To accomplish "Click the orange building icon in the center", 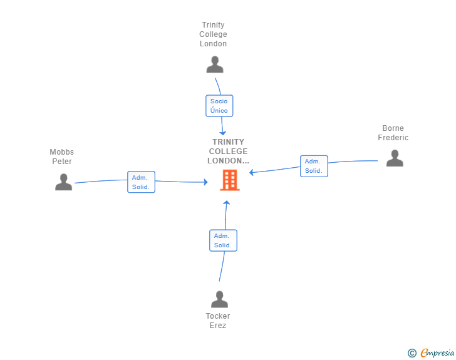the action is coord(230,180).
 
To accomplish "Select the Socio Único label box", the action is coord(219,106).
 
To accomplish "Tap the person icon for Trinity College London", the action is coord(215,64).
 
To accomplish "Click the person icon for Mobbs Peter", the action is coord(64,182).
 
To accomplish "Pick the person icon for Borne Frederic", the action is coord(395,158).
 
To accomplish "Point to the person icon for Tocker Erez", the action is coord(220,299).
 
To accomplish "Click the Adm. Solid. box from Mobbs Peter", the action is coord(142,182).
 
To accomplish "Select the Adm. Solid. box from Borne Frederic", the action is coord(314,166).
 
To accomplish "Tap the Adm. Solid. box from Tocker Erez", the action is coord(224,240).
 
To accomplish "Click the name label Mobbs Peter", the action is coord(61,157).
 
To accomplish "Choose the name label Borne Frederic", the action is coord(393,133).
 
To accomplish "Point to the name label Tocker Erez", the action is coord(218,321).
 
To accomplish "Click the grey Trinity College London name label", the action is coord(213,34).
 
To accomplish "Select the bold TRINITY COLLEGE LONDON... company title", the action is coord(228,152).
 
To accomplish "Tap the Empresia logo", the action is coord(437,352).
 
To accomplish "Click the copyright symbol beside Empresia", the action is coord(412,353).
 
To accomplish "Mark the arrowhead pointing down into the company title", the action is coord(223,133).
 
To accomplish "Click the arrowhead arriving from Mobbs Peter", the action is coord(205,182).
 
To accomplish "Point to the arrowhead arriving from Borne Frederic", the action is coord(252,172).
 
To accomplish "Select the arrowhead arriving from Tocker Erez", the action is coord(227,203).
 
